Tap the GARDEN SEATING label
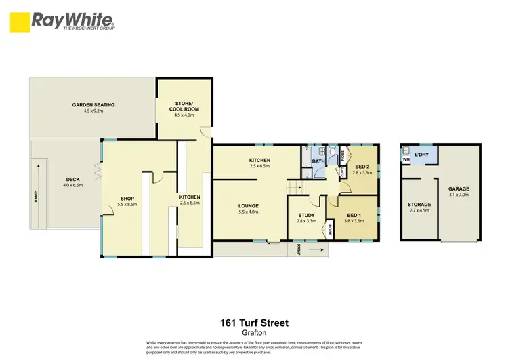click(93, 104)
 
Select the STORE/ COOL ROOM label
click(184, 106)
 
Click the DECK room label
click(72, 180)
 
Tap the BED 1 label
click(354, 215)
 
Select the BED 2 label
click(362, 167)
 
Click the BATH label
click(318, 161)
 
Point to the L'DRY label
click(423, 155)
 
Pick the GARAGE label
click(458, 189)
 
